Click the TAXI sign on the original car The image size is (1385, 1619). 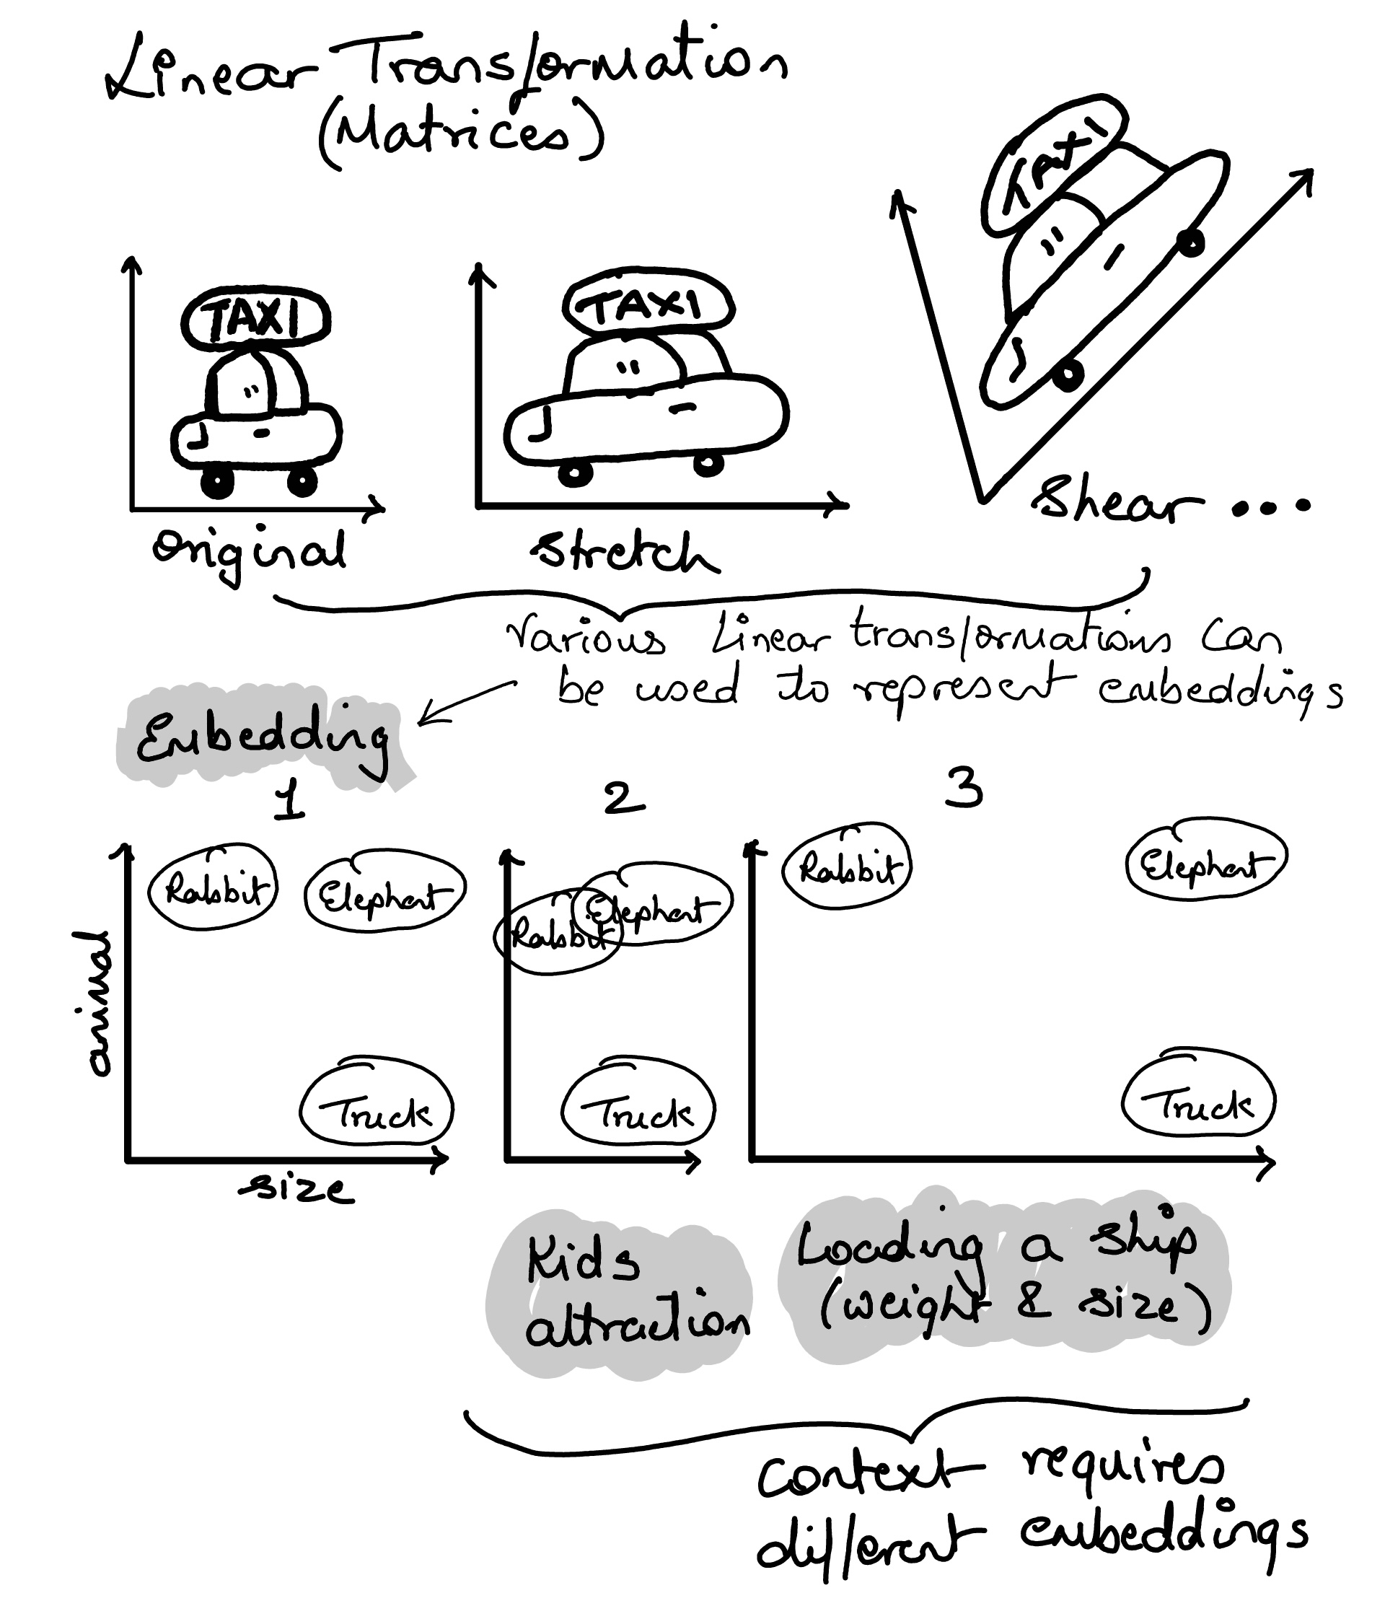[256, 317]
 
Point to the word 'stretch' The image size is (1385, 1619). [625, 553]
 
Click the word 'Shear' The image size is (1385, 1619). [1117, 501]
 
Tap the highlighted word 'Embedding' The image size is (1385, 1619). [263, 737]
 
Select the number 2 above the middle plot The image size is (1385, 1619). [623, 798]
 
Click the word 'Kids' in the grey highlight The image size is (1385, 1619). [583, 1263]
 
